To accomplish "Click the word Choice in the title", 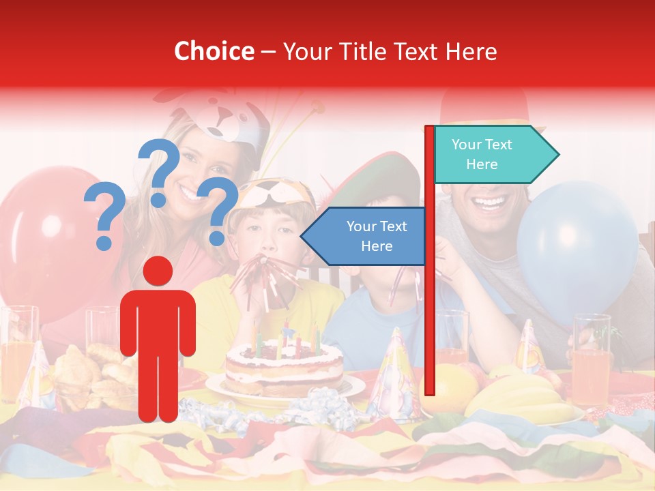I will (214, 52).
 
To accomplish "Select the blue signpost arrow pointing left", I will (366, 236).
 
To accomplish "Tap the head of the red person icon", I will (158, 272).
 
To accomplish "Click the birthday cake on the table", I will (284, 369).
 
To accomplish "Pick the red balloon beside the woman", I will (41, 232).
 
